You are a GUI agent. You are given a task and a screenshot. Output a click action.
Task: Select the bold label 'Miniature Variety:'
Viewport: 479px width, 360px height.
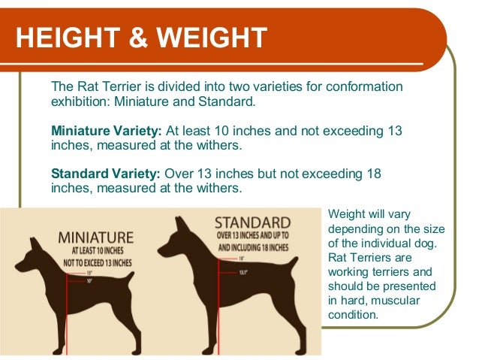click(x=104, y=130)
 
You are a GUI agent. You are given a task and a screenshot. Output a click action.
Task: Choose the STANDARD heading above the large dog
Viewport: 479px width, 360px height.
click(x=252, y=222)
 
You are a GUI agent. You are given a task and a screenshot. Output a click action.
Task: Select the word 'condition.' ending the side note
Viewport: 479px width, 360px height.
click(x=353, y=315)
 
